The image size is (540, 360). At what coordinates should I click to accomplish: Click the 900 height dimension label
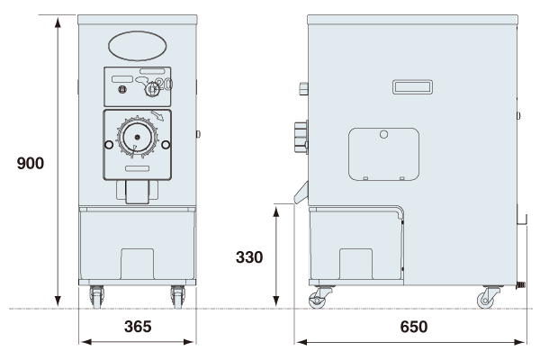click(x=31, y=163)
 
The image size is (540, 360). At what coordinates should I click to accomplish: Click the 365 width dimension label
click(x=138, y=327)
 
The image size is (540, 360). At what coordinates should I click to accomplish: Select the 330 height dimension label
click(x=249, y=257)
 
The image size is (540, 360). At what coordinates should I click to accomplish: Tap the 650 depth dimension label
click(x=414, y=327)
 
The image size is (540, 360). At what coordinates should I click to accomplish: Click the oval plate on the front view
click(x=138, y=46)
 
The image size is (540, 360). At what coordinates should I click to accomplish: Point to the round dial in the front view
click(x=138, y=138)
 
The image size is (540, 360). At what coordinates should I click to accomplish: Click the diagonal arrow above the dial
click(x=157, y=116)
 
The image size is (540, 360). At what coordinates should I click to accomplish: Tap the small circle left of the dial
click(x=109, y=145)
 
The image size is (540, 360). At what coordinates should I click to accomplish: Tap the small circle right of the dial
click(x=166, y=145)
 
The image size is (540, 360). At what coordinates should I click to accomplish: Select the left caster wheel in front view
click(x=97, y=297)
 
